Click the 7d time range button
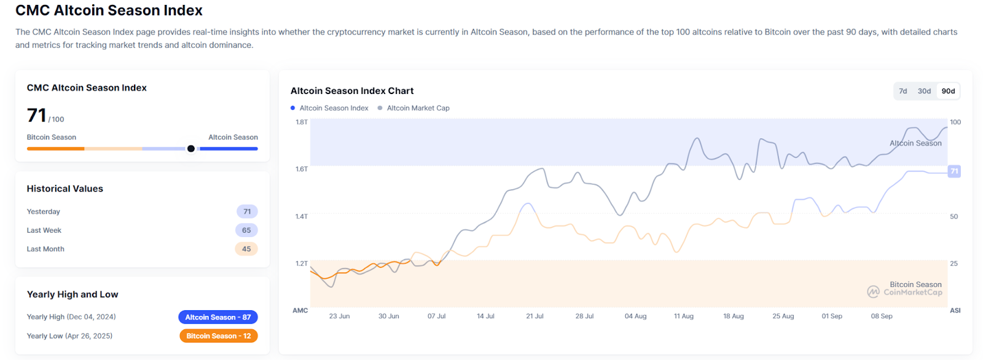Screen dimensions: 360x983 click(903, 91)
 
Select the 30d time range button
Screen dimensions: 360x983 click(924, 91)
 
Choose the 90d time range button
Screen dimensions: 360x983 click(948, 91)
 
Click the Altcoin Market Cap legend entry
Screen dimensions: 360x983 click(418, 108)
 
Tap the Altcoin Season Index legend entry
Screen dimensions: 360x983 click(334, 108)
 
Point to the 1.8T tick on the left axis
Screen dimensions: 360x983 click(302, 122)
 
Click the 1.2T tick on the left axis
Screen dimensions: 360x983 click(302, 264)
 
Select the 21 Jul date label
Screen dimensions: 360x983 click(535, 316)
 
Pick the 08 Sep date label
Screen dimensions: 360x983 click(881, 316)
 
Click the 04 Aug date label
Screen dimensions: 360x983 click(635, 316)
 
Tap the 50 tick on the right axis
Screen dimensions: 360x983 click(954, 217)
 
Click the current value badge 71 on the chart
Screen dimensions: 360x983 click(954, 171)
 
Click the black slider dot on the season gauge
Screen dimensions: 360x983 click(191, 149)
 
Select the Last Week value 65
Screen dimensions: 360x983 click(246, 230)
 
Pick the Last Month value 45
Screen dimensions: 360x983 click(246, 249)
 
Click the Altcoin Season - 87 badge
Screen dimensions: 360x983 click(218, 317)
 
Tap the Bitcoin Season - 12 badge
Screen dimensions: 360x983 click(218, 336)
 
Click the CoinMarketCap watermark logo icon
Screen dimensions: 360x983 click(873, 292)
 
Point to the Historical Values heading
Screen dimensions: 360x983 click(65, 189)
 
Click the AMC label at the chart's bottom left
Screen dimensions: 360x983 click(300, 311)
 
